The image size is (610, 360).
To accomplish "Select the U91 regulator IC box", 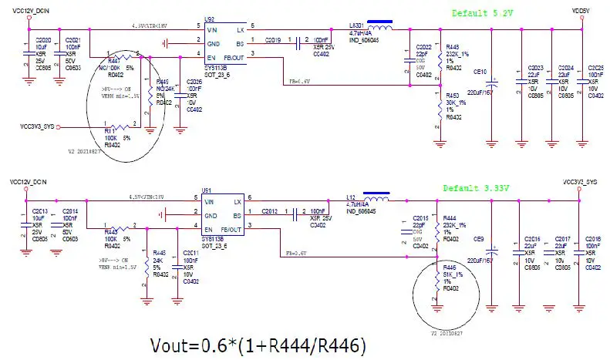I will pyautogui.click(x=223, y=215).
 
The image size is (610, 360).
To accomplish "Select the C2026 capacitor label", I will pyautogui.click(x=194, y=81).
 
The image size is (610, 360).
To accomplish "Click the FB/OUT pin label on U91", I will pyautogui.click(x=232, y=230).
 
